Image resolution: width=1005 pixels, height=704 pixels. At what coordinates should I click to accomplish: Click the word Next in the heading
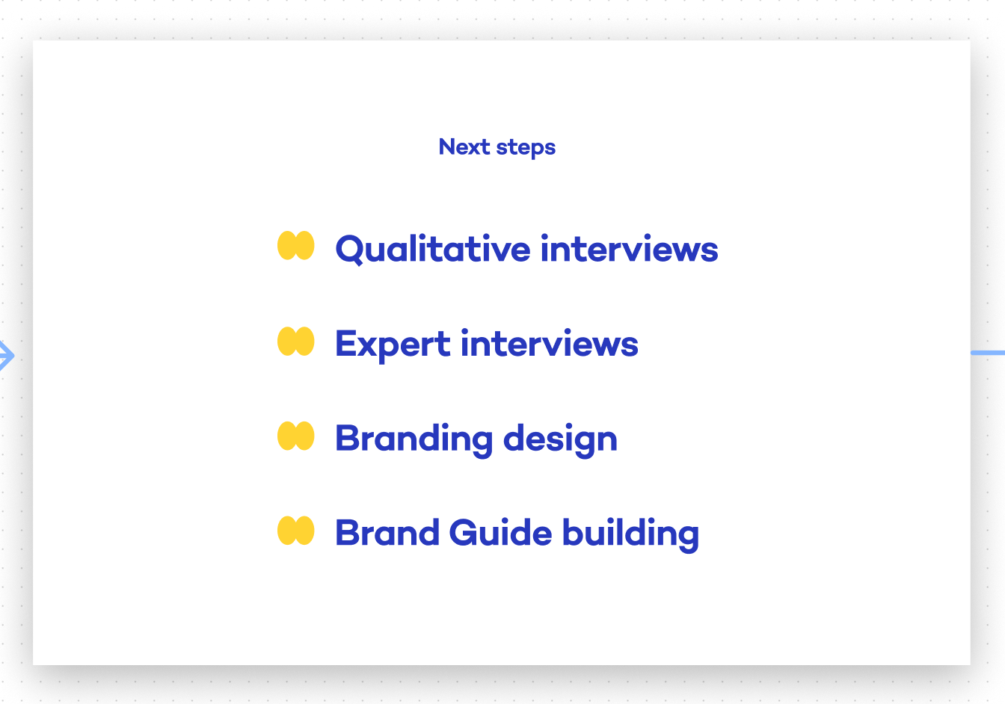tap(464, 146)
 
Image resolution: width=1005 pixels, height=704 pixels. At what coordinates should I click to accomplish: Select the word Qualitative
tap(433, 248)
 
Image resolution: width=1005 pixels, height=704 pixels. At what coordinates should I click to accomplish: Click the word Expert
tap(393, 345)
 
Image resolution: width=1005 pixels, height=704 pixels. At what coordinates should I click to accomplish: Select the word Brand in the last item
tap(387, 532)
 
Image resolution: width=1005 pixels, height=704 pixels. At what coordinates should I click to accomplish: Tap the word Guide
tap(500, 532)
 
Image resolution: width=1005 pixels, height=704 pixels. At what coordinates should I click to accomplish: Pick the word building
tap(630, 534)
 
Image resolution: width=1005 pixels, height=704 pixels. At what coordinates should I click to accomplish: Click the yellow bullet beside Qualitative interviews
tap(295, 245)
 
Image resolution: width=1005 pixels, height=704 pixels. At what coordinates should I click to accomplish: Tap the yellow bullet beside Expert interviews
tap(295, 342)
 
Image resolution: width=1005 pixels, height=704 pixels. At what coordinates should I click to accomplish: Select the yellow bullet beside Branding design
tap(295, 436)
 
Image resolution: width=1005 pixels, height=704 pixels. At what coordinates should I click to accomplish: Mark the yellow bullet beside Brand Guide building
tap(295, 531)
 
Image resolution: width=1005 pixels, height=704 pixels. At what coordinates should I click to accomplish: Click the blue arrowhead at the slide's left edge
tap(7, 356)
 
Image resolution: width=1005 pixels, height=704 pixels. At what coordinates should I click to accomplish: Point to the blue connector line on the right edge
tap(988, 353)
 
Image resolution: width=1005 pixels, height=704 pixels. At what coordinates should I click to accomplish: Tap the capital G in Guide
tap(464, 532)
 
